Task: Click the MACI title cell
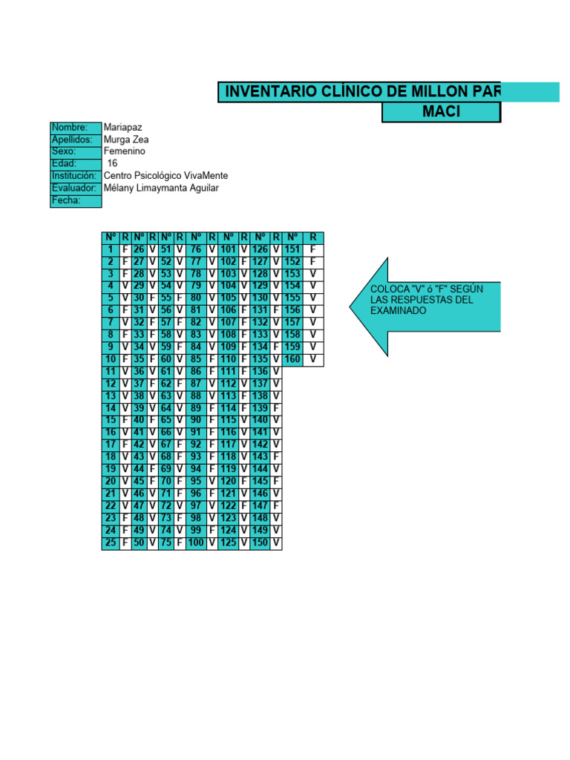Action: [441, 112]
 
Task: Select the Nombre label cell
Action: [75, 128]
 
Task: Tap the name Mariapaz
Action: [125, 128]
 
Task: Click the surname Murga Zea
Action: [127, 140]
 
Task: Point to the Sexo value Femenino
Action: [125, 151]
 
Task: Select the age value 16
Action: [113, 163]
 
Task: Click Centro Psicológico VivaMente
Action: [166, 176]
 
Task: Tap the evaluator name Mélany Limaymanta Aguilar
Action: [162, 188]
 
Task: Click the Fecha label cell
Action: [75, 200]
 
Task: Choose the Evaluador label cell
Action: [75, 188]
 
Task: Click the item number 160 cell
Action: [292, 359]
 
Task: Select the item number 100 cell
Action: [196, 543]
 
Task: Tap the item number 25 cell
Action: [111, 543]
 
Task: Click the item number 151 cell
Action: [292, 249]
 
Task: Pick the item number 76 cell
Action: [196, 249]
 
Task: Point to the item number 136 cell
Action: [260, 371]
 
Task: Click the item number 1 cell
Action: [111, 249]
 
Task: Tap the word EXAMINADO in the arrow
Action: [399, 311]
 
